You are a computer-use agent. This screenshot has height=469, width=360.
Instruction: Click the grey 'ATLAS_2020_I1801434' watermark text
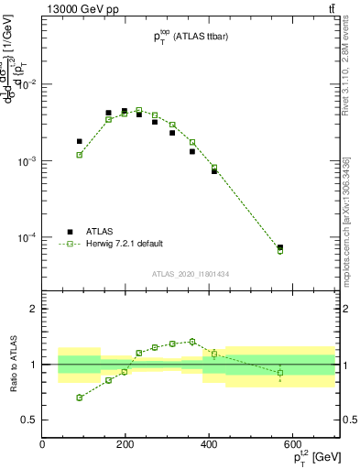point(191,274)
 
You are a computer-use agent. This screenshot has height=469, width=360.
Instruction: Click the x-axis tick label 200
point(125,444)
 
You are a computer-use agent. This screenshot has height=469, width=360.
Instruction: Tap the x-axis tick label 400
point(209,444)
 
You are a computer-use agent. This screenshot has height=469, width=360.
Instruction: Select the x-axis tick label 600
point(292,444)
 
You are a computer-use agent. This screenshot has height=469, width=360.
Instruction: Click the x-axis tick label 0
point(42,444)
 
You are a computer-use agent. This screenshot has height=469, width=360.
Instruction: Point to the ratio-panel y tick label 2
point(32,309)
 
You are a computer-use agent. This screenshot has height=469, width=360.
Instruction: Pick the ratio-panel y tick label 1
point(32,365)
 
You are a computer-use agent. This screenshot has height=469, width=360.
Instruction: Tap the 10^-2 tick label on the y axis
point(26,84)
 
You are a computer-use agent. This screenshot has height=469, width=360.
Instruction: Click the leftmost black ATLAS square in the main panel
point(80,141)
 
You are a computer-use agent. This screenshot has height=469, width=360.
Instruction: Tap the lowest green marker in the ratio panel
point(80,398)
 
